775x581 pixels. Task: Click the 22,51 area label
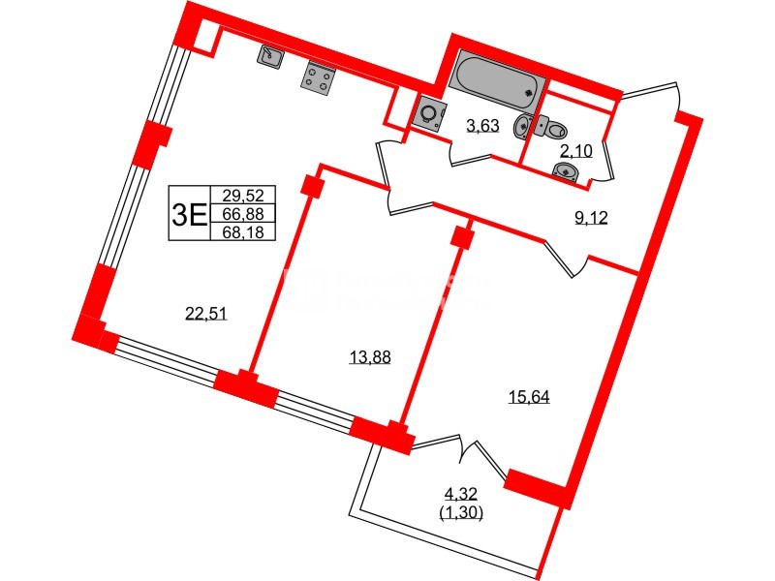coord(205,311)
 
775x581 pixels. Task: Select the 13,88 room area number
coord(369,357)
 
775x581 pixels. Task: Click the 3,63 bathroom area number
coord(482,124)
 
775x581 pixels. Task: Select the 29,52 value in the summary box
coord(242,195)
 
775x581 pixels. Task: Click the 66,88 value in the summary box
coord(242,213)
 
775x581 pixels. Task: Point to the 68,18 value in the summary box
coord(242,231)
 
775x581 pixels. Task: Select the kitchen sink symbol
coord(269,57)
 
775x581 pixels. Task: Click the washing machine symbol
coord(428,113)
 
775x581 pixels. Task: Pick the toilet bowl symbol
coord(552,128)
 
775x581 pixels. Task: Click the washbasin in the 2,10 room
coord(566,172)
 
